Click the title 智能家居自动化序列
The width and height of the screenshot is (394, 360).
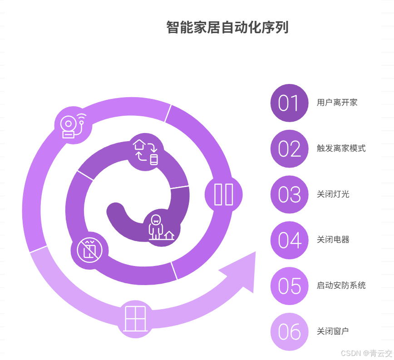tap(227, 28)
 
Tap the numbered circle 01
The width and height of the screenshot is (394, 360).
tap(289, 103)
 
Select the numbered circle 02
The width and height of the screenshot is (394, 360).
tap(289, 149)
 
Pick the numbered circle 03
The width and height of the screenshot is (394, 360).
tap(289, 195)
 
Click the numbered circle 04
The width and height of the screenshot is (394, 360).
tap(289, 241)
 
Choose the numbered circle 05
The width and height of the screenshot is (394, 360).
tap(289, 286)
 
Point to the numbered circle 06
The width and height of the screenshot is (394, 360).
tap(289, 332)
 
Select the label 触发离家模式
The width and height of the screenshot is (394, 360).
tap(341, 148)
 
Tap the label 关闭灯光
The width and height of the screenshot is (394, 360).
tap(333, 194)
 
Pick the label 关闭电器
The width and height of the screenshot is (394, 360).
tap(333, 240)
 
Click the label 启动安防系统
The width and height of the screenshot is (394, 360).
tap(341, 286)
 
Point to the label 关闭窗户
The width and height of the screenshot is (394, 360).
tap(333, 331)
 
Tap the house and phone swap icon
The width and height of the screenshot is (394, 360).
tap(146, 152)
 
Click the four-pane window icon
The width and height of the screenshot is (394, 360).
tap(136, 319)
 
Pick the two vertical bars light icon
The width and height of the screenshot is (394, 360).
tap(223, 194)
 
